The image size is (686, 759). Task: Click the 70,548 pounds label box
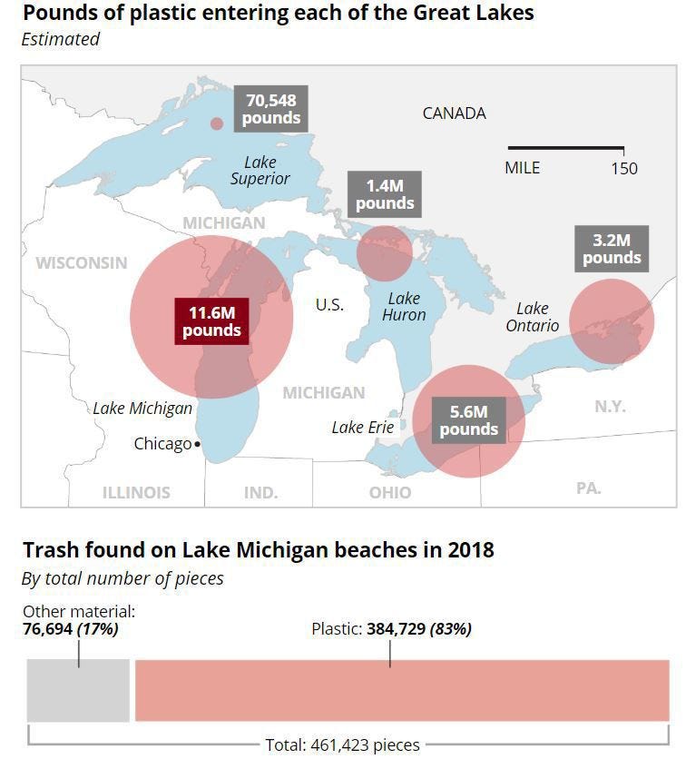(270, 109)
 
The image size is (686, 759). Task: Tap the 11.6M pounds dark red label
(211, 320)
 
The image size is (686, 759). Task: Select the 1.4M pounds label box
(384, 194)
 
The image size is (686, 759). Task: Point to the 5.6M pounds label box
(468, 420)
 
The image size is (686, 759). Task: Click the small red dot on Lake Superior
(216, 124)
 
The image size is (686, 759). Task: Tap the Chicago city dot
(198, 445)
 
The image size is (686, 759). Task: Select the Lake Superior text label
(260, 170)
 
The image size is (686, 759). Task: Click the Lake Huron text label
(404, 306)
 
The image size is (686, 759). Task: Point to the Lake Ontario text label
(533, 317)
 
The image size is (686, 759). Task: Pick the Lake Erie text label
(363, 427)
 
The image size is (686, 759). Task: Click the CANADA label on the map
(454, 113)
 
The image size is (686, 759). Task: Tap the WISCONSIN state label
(82, 262)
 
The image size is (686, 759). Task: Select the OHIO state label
(390, 492)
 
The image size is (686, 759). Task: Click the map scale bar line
(565, 148)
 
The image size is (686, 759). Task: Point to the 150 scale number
(623, 168)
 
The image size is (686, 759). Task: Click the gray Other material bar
(78, 691)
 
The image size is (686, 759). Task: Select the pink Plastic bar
(402, 691)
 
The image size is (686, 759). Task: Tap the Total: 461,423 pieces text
(342, 744)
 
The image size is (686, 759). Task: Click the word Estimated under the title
(61, 39)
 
